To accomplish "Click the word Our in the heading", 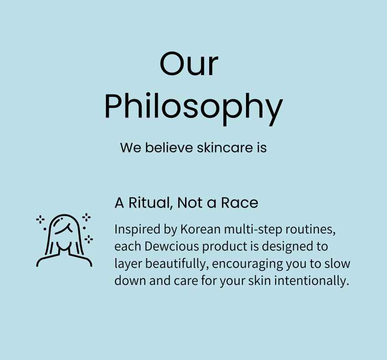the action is coord(189,63).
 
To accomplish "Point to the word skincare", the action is coord(225,147).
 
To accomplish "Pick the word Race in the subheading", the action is coord(239,203).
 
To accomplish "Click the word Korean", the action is coord(201,229).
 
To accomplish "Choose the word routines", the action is coord(311,229).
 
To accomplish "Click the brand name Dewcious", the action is coord(171,246).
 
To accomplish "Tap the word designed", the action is coord(284,247).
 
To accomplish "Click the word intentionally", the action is coord(312,281).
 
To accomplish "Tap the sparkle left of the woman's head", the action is coord(40,219).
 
